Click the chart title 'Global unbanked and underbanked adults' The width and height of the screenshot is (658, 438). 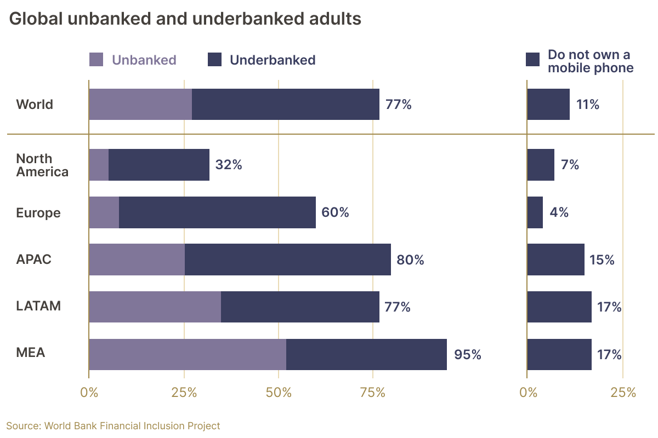tap(185, 19)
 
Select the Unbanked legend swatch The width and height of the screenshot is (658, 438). tap(96, 60)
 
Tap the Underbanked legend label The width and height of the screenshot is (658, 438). tap(273, 60)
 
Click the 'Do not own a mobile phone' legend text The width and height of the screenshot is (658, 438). tap(590, 61)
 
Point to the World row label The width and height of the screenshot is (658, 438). tap(35, 104)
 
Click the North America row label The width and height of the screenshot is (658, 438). tap(42, 165)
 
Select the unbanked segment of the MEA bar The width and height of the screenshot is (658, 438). tap(187, 354)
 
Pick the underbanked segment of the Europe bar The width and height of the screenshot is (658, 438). tap(217, 212)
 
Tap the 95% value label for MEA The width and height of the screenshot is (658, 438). tap(467, 355)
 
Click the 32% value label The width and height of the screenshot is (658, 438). tap(228, 165)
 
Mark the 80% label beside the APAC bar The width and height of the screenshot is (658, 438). tap(410, 260)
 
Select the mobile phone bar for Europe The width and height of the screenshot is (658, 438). tap(535, 212)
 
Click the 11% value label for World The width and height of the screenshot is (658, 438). tap(587, 105)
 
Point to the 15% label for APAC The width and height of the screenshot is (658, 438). tap(602, 260)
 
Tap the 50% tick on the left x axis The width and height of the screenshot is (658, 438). tap(279, 392)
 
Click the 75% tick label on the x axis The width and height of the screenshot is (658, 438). tap(373, 392)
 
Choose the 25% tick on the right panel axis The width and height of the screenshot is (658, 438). tap(623, 392)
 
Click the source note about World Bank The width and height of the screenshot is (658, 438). tap(113, 425)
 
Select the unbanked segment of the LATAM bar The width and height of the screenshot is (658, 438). tap(155, 307)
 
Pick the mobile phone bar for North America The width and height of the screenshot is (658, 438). tap(540, 165)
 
